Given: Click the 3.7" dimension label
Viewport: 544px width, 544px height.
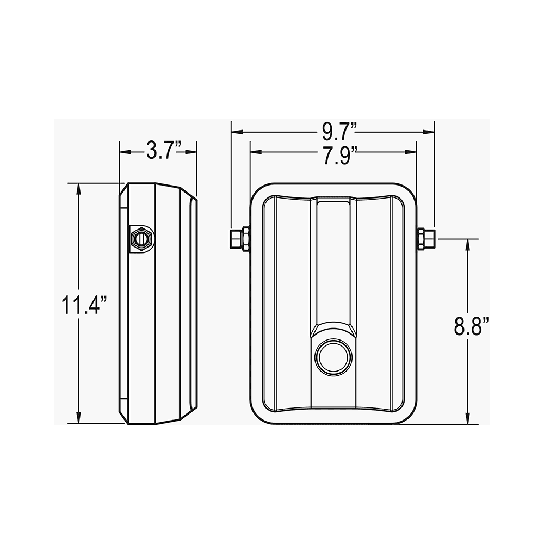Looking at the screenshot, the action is pyautogui.click(x=164, y=151).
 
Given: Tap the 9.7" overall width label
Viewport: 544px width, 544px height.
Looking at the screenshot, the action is pyautogui.click(x=339, y=132).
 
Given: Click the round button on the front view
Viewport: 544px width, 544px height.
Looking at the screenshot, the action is pyautogui.click(x=333, y=358).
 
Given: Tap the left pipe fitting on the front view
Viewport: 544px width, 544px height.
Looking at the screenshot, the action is pyautogui.click(x=240, y=239).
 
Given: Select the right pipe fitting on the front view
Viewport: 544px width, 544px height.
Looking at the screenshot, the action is pyautogui.click(x=426, y=239).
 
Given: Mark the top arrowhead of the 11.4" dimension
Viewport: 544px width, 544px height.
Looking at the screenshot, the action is pyautogui.click(x=79, y=189).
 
